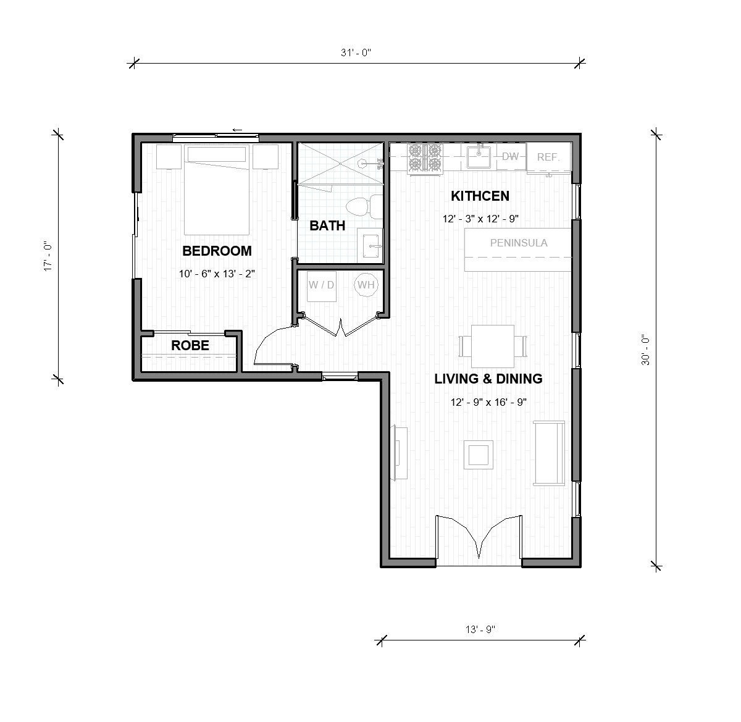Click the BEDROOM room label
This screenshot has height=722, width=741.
[x=217, y=251]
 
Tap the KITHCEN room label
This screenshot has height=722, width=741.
[x=480, y=196]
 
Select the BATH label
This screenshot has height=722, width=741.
[x=327, y=225]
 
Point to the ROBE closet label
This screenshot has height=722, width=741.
[x=190, y=345]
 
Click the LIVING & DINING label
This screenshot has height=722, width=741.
[x=488, y=379]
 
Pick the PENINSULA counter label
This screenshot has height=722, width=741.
[x=518, y=243]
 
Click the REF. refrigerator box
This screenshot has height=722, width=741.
[x=548, y=157]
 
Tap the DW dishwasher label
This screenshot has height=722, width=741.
[x=511, y=157]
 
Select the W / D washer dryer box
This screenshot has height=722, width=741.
[x=321, y=285]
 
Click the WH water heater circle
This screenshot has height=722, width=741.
[x=366, y=285]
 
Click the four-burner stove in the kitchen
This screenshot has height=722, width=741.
[x=425, y=157]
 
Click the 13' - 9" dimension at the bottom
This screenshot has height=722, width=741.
[x=481, y=630]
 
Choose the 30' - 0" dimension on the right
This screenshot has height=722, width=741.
[x=646, y=350]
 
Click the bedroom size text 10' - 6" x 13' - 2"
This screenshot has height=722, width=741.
[x=217, y=274]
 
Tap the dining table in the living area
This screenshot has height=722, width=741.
[x=493, y=346]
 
